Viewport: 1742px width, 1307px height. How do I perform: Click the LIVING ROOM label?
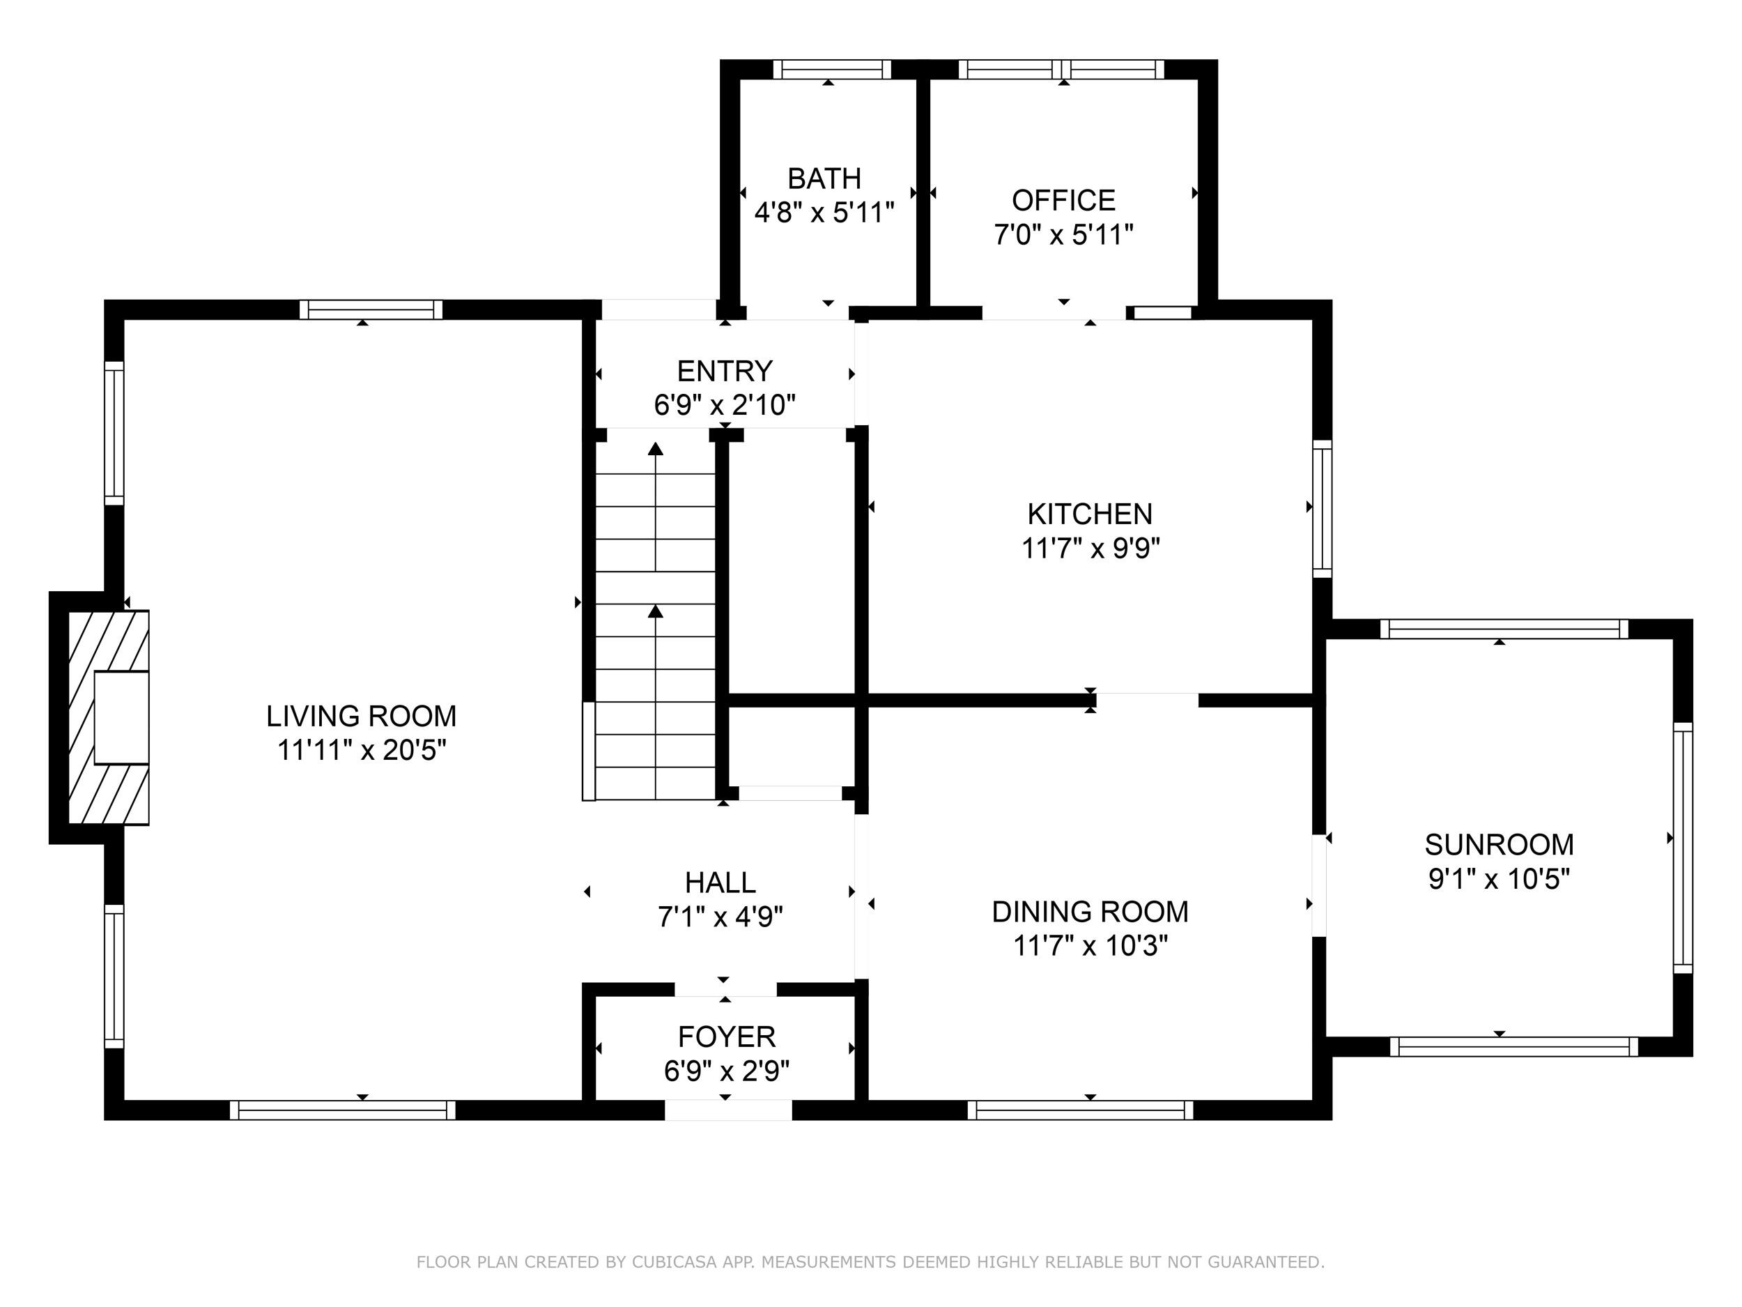click(x=362, y=716)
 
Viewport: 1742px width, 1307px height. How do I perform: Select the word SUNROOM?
click(x=1500, y=845)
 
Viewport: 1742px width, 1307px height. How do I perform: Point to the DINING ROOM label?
click(x=1090, y=912)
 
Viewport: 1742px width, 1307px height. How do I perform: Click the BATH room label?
click(x=824, y=179)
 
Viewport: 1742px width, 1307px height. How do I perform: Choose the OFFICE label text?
click(x=1064, y=201)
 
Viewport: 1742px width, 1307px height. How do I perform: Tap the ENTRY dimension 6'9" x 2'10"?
click(x=725, y=405)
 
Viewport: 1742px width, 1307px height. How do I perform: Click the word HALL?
click(x=720, y=882)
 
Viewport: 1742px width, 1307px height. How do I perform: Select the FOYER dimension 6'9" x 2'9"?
click(x=727, y=1071)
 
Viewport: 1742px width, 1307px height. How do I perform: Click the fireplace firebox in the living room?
click(x=121, y=718)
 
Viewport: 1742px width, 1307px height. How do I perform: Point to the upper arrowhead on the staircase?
click(x=655, y=449)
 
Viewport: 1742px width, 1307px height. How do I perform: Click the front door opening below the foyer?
click(x=728, y=1110)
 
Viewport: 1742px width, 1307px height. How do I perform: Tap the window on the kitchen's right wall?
click(x=1323, y=508)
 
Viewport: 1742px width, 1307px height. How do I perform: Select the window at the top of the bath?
click(x=831, y=69)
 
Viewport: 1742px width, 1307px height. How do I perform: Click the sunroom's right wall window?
click(x=1682, y=848)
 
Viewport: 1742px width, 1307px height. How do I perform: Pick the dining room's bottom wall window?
click(x=1081, y=1110)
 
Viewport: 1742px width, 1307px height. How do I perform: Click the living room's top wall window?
click(x=371, y=309)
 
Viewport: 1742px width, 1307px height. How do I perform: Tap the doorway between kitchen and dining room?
click(x=1148, y=701)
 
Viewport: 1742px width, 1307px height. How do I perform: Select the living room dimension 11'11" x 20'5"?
click(x=362, y=750)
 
